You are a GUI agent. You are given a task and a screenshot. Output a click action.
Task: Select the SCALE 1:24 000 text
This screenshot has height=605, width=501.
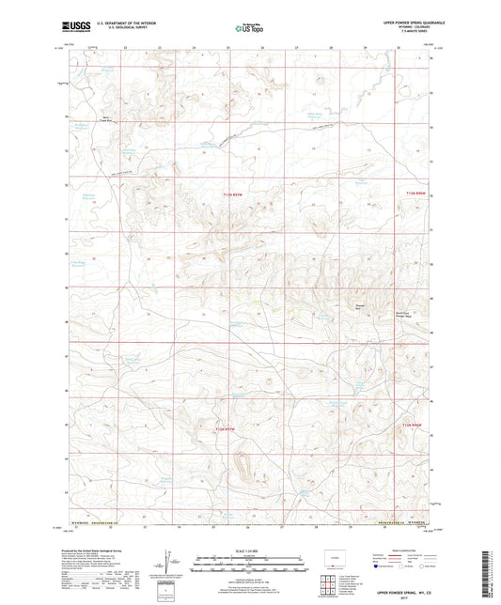click(x=250, y=551)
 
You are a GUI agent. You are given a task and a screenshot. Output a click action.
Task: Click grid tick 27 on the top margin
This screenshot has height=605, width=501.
click(x=296, y=46)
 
